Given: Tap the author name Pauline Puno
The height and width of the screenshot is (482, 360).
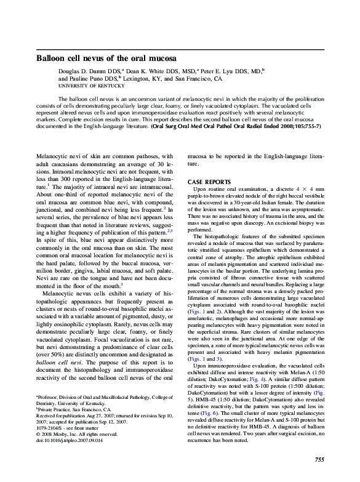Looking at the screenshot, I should (x=92, y=79).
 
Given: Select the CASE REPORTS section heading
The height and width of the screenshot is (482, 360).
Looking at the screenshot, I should (x=209, y=182).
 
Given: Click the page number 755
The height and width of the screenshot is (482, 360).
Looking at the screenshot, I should (x=319, y=460).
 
